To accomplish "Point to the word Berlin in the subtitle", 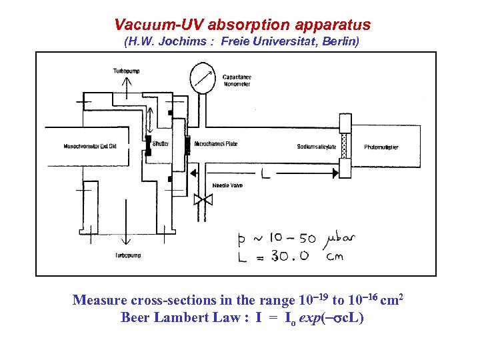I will click(x=340, y=43).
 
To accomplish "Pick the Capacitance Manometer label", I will click(x=237, y=81).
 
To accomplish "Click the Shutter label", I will click(x=161, y=143).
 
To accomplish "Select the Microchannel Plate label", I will click(x=216, y=144).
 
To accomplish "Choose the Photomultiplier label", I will click(x=381, y=147).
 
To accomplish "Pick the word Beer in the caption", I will click(x=135, y=317).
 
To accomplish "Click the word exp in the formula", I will click(x=312, y=318).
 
